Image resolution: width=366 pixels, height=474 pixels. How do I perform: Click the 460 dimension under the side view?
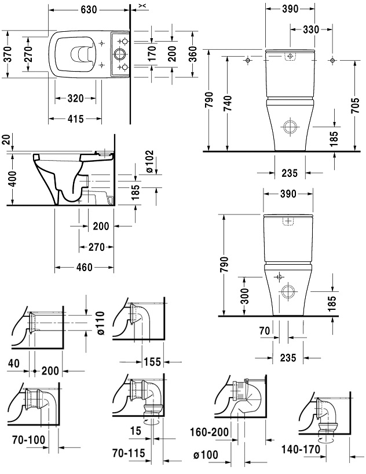coord(84,267)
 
